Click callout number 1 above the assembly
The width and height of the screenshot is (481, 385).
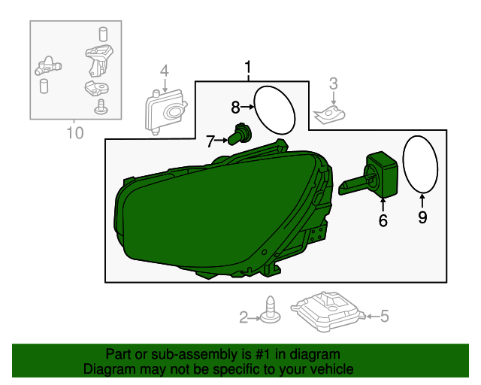click(x=247, y=70)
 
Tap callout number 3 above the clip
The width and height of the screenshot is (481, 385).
click(x=334, y=83)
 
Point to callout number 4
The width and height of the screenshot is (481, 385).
click(x=164, y=72)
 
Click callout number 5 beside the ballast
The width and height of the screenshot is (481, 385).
click(x=385, y=317)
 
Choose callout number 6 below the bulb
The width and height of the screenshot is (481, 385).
click(x=383, y=220)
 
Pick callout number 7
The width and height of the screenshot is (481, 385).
click(x=211, y=140)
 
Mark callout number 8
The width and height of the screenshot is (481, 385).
click(x=235, y=107)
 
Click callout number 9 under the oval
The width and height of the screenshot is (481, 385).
click(x=422, y=217)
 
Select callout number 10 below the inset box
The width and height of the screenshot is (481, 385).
click(x=74, y=134)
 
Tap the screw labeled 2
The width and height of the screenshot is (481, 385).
click(x=268, y=311)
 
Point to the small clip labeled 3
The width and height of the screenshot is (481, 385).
click(x=331, y=114)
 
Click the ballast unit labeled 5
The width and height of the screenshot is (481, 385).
click(x=329, y=310)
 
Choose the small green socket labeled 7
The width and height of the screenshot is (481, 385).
click(x=240, y=135)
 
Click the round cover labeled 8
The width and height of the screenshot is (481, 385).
click(x=275, y=108)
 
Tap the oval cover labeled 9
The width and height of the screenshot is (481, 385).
click(x=420, y=164)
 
